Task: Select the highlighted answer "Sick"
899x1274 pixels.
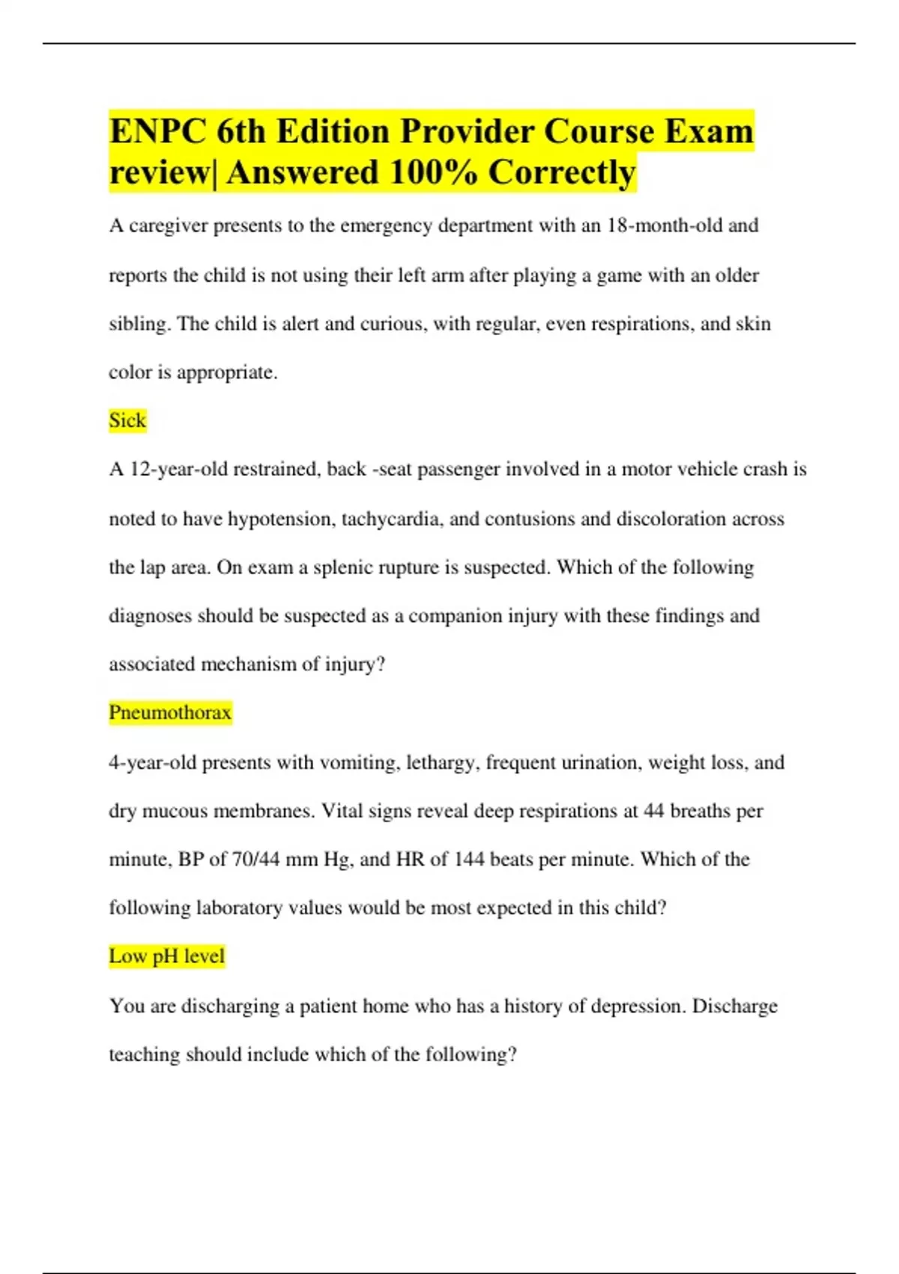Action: tap(127, 420)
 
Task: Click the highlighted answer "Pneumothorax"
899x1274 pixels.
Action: tap(170, 712)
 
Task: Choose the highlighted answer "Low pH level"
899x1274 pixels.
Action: tap(166, 956)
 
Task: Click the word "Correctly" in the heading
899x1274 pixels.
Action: tap(561, 172)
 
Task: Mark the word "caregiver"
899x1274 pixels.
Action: tap(169, 226)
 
